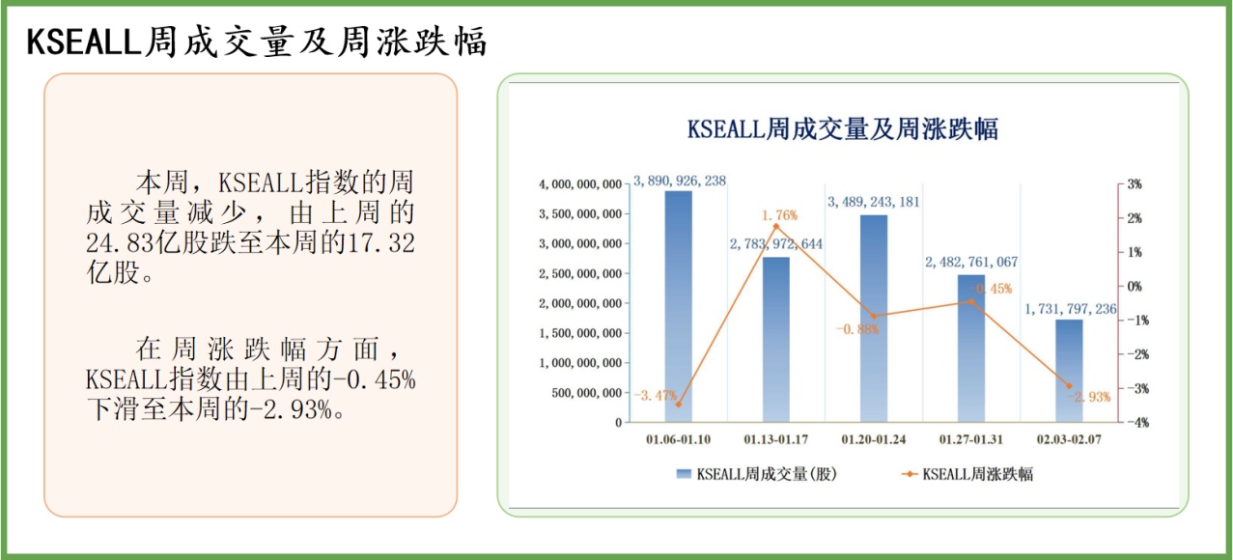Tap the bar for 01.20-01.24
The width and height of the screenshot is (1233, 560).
pos(874,318)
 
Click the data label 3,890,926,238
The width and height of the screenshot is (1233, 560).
pos(680,181)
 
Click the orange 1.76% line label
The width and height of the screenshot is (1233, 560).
pos(779,214)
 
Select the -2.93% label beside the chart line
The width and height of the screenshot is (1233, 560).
pos(1088,397)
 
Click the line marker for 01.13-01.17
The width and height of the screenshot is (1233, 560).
pos(775,226)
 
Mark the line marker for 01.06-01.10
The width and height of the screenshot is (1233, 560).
pos(678,405)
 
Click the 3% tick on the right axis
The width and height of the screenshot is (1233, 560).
pos(1134,183)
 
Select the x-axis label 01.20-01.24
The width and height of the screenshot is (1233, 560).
pos(874,440)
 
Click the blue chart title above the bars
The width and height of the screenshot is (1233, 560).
pos(842,129)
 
